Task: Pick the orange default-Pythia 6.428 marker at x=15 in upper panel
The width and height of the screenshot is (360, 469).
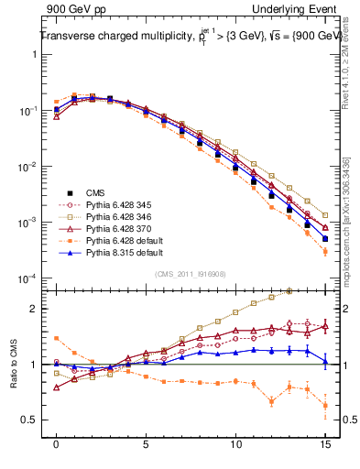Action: (325, 251)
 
